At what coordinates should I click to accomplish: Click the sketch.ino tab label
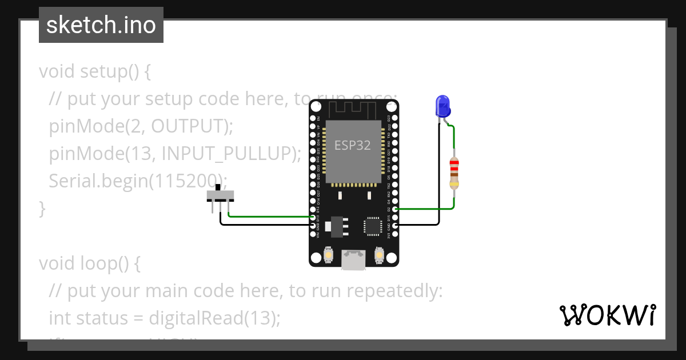tap(101, 25)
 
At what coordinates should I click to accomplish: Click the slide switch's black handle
tap(220, 188)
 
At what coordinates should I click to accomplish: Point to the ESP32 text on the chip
tap(353, 145)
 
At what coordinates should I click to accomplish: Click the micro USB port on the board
tap(353, 260)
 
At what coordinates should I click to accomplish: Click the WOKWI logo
tap(607, 315)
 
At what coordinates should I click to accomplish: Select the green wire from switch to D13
tap(269, 217)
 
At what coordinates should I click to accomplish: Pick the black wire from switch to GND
tap(263, 225)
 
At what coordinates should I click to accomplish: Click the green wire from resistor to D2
tap(426, 209)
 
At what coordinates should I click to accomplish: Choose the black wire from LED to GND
tap(439, 183)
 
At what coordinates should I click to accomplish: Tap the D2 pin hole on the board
tap(395, 209)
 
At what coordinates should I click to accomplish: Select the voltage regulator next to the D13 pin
tap(337, 226)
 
